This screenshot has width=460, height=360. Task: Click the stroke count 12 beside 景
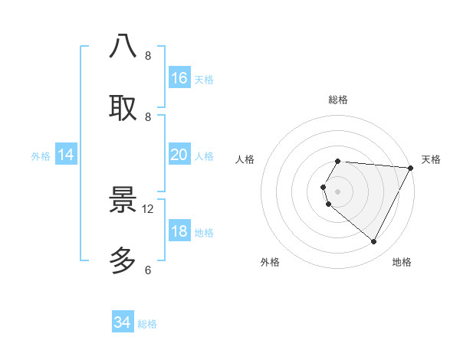(148, 208)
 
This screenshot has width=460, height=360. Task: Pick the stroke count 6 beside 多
(148, 270)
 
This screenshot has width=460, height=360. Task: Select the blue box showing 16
(179, 78)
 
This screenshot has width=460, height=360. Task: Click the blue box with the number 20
(179, 155)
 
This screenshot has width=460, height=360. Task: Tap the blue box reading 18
(179, 231)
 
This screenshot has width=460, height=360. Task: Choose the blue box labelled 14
(66, 155)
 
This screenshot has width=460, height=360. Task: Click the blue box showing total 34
(123, 322)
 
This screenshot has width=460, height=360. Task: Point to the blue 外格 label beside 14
(41, 156)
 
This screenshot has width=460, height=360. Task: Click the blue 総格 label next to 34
(147, 324)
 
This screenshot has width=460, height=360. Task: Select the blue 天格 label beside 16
(204, 80)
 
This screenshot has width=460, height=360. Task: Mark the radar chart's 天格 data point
(411, 169)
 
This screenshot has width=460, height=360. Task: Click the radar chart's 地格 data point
(374, 242)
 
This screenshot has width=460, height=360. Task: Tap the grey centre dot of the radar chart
(337, 191)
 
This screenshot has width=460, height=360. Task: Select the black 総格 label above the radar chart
(338, 100)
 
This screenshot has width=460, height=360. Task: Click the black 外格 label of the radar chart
(270, 262)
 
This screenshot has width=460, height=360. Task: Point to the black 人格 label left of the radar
(245, 159)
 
